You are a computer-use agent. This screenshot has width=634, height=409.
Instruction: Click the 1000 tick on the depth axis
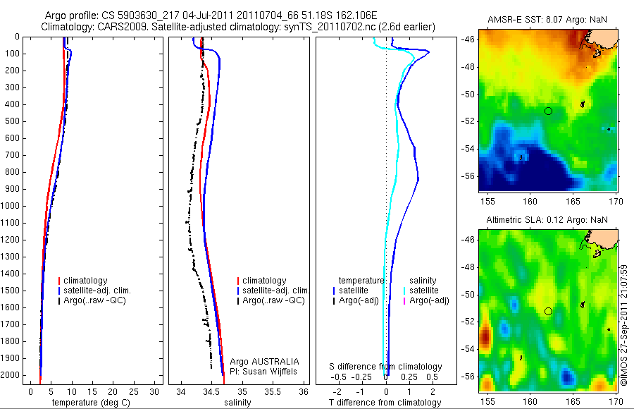point(11,206)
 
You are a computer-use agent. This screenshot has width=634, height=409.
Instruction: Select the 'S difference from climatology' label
point(386,367)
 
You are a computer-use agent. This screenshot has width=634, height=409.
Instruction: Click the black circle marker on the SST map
point(548,111)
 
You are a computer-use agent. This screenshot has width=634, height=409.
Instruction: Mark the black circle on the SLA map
point(548,311)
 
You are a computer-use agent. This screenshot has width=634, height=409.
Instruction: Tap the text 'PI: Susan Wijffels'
point(265,371)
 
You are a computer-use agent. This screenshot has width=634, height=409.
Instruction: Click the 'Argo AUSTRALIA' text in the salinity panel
point(265,361)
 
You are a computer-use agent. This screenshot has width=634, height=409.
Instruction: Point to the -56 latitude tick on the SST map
point(468,176)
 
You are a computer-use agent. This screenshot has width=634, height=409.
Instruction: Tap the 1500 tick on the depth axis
point(11,291)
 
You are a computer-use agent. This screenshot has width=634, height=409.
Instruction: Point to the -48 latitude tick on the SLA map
point(468,268)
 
